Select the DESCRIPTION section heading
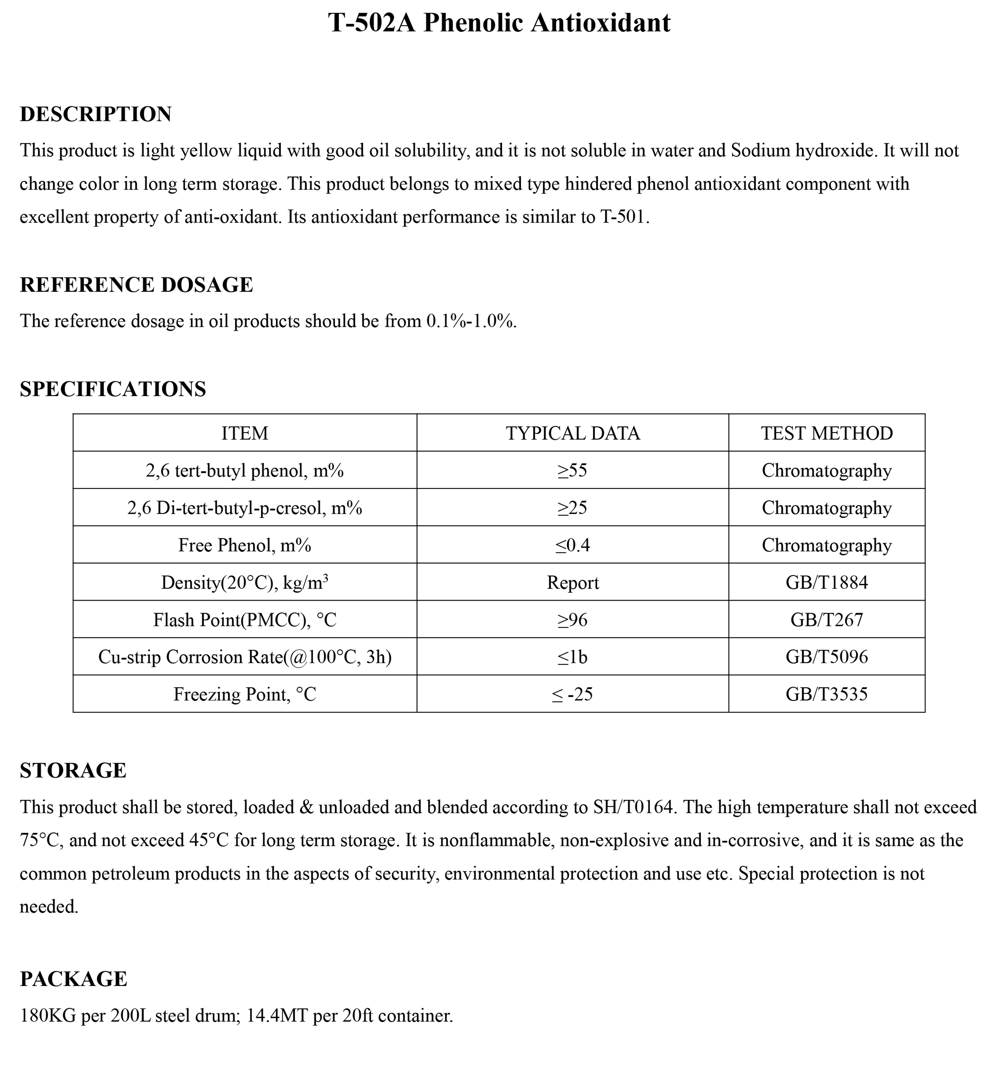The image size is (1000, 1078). click(x=96, y=114)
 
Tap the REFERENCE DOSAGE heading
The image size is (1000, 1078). click(x=136, y=285)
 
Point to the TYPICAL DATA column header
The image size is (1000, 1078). click(x=572, y=433)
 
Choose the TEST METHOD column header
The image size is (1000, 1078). click(x=826, y=433)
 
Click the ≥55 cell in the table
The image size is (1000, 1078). click(x=572, y=470)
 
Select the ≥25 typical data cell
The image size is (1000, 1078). click(x=572, y=508)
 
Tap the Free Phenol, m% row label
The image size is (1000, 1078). click(x=245, y=545)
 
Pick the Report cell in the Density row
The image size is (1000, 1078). click(x=572, y=582)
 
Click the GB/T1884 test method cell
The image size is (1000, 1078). click(x=826, y=582)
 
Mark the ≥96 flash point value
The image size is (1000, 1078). click(x=572, y=620)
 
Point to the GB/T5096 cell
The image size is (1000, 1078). click(x=826, y=657)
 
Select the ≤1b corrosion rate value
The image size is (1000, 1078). click(x=572, y=657)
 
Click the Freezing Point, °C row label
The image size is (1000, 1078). click(x=245, y=694)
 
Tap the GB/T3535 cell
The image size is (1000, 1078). click(x=826, y=694)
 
